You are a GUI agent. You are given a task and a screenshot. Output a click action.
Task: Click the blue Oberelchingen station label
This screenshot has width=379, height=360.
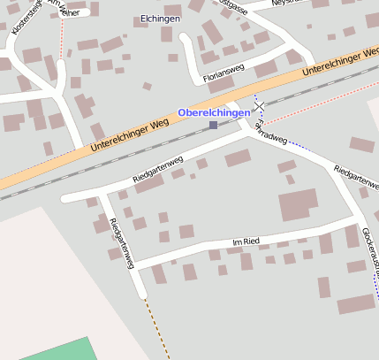coord(214,112)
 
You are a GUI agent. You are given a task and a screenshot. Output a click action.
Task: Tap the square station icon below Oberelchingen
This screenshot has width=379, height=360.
coord(213,126)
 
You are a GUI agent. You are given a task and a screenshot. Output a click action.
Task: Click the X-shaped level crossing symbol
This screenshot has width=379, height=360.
coord(259,107)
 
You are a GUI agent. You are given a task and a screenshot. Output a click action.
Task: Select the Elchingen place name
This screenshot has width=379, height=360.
coord(160,19)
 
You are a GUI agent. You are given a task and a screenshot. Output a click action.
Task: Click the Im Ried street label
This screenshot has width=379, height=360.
coord(245,241)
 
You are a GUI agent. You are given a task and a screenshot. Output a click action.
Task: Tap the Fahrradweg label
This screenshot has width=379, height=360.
coord(269,134)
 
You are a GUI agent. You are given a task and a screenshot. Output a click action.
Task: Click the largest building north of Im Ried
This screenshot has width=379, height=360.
coord(298,204)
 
